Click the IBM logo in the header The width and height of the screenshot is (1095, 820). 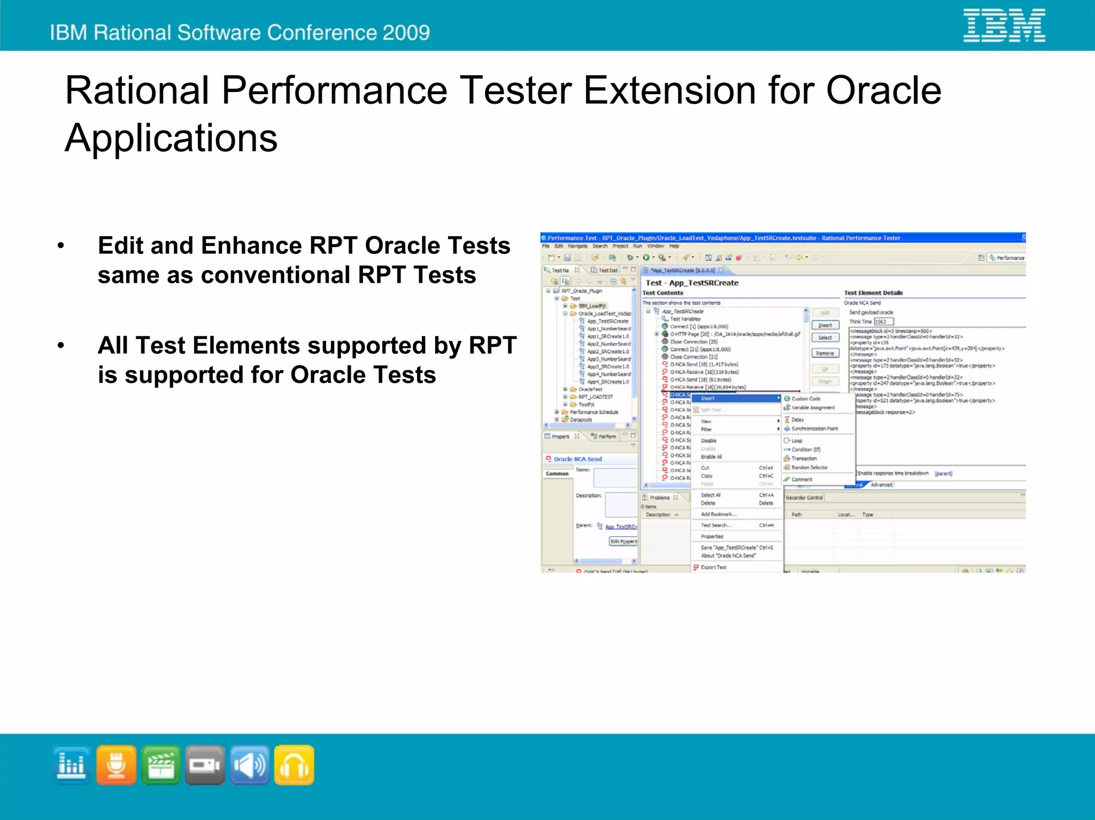point(1004,26)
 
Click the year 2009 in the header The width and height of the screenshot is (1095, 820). point(406,33)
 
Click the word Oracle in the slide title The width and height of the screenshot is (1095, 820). point(883,90)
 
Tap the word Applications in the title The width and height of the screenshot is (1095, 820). point(171,138)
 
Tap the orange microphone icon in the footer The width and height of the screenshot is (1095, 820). point(116,765)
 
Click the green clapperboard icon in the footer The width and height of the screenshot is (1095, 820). point(160,765)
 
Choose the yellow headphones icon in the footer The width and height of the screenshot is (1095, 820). point(294,765)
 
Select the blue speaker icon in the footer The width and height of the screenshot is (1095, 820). point(249,765)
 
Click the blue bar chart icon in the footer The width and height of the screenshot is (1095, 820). point(72,765)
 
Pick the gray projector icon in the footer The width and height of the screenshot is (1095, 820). point(205,765)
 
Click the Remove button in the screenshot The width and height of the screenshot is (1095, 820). point(825,353)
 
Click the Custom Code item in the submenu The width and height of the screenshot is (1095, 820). point(806,399)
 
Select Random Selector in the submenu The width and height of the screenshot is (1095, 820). point(809,467)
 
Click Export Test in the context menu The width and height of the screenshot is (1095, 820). point(713,567)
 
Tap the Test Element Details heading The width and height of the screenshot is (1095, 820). point(873,293)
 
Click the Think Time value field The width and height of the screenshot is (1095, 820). point(883,322)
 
